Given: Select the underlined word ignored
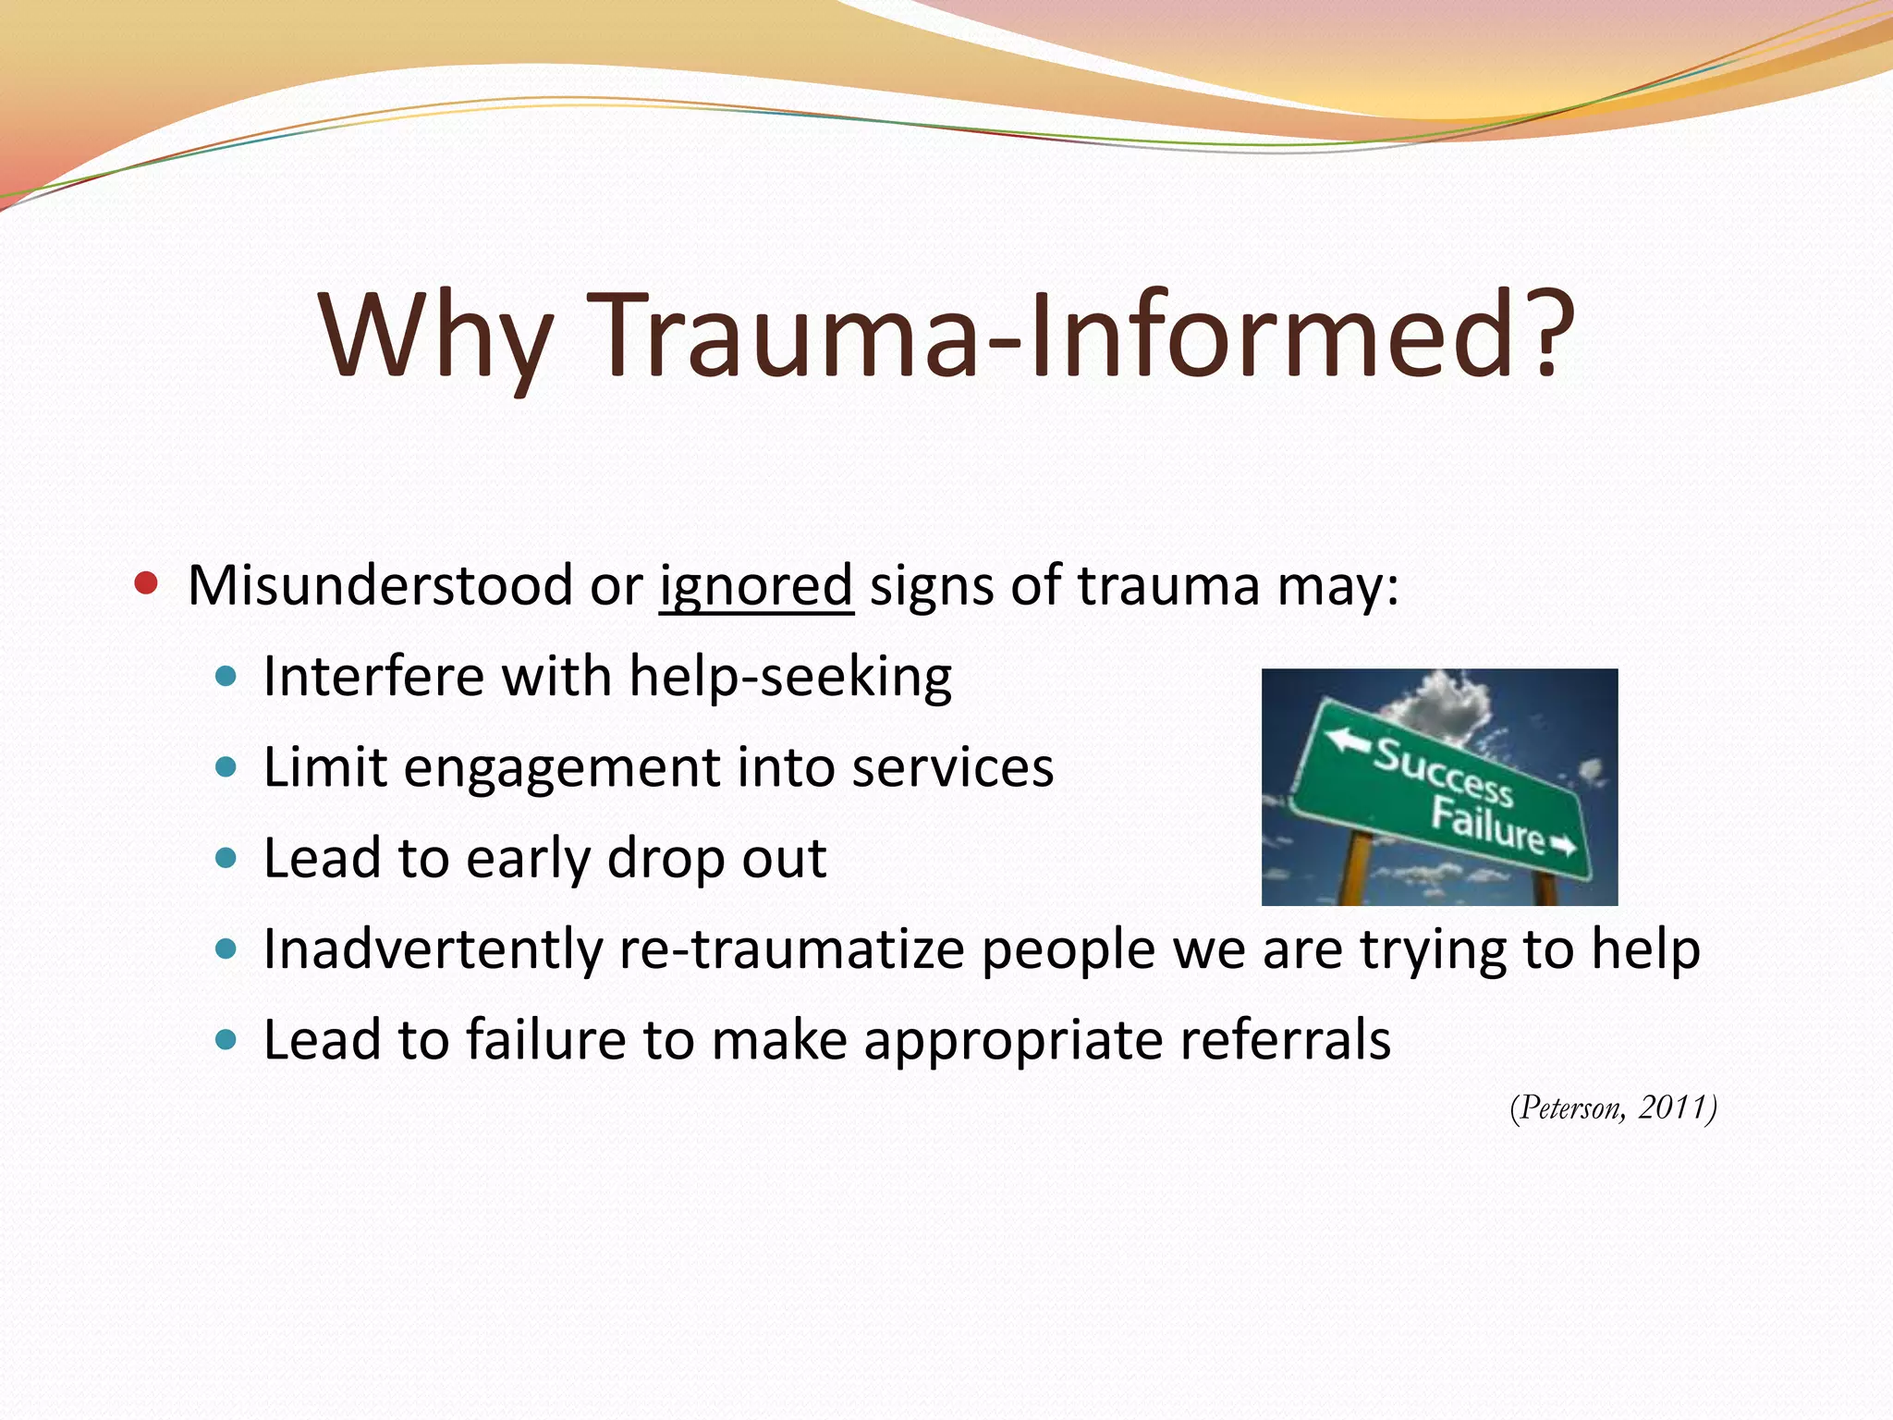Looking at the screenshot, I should pyautogui.click(x=755, y=585).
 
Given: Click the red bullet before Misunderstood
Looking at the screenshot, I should pyautogui.click(x=145, y=583).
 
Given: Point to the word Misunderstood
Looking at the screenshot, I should pyautogui.click(x=380, y=585).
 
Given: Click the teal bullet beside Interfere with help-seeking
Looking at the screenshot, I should pyautogui.click(x=225, y=676).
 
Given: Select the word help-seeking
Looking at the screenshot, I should pyautogui.click(x=790, y=678).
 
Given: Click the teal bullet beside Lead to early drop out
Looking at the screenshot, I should pyautogui.click(x=225, y=858).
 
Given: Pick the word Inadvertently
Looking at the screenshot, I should pyautogui.click(x=433, y=949).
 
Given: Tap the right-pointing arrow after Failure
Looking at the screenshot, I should pyautogui.click(x=1563, y=845).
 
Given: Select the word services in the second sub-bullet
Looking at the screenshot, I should pyautogui.click(x=952, y=767).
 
